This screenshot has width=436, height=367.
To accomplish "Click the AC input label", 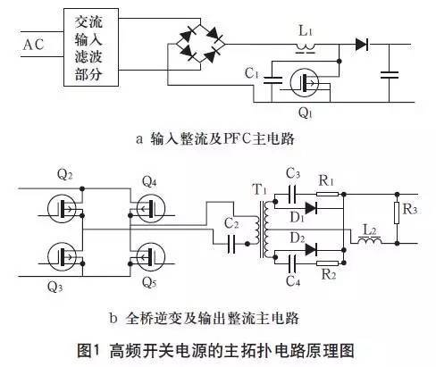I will pos(32,44).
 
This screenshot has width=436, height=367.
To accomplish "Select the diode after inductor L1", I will pos(362,43).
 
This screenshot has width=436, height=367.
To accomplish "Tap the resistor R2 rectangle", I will pos(327,265).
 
